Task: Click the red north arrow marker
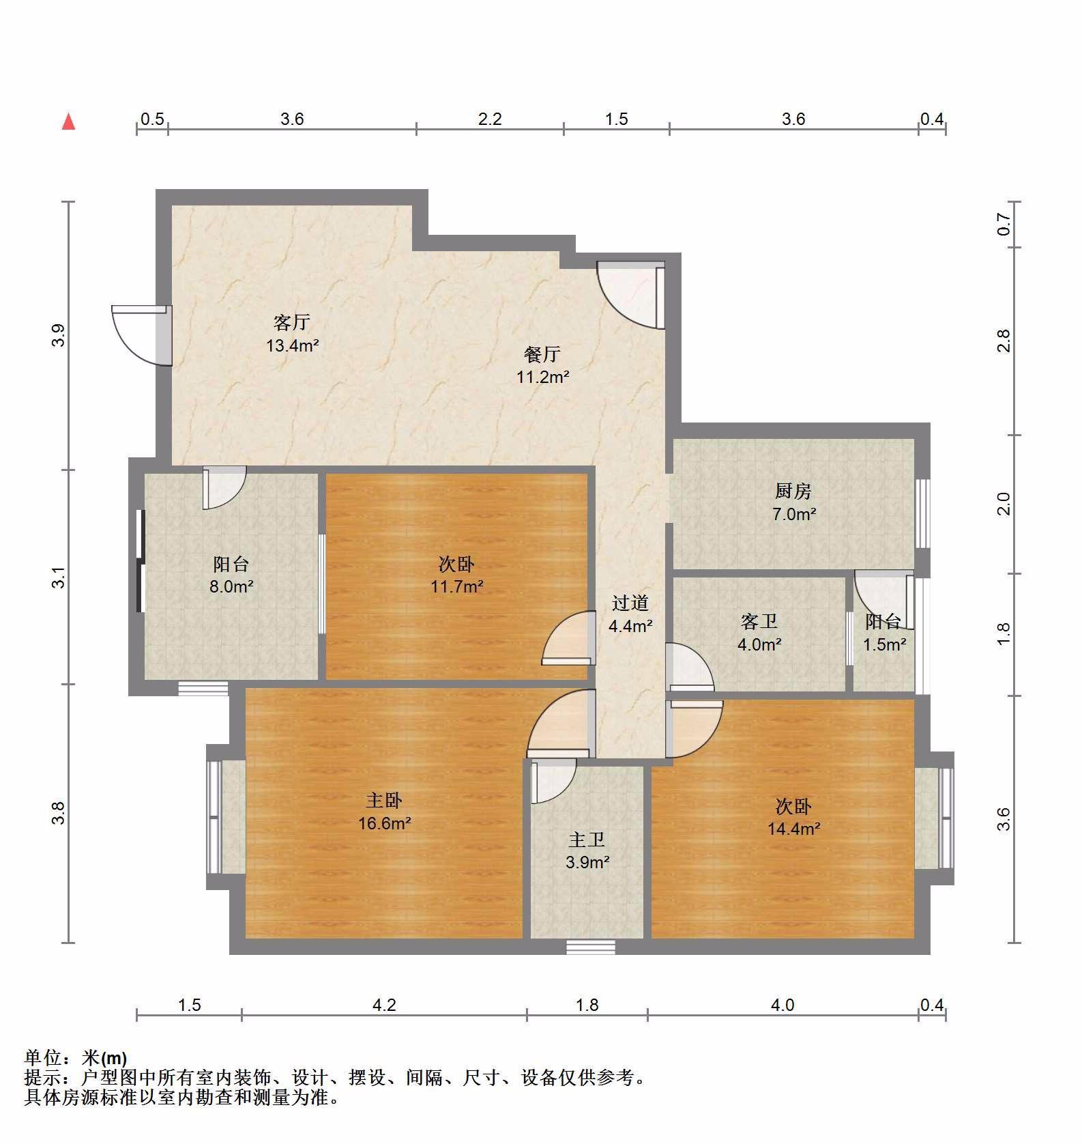point(68,121)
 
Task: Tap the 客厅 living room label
point(292,321)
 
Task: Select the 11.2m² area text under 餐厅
point(542,377)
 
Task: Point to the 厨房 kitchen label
point(793,491)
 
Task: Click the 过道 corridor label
point(630,603)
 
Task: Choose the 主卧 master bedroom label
point(384,800)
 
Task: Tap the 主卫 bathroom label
point(587,840)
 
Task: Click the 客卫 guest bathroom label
point(759,621)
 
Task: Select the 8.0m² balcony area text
point(231,586)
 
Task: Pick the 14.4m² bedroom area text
point(793,829)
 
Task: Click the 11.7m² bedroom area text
point(456,586)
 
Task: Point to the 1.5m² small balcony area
point(884,644)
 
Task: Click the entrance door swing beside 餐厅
point(630,295)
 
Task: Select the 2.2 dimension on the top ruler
point(490,119)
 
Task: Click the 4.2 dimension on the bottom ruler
point(384,1005)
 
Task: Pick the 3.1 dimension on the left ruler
point(59,577)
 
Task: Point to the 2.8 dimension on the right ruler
point(1002,341)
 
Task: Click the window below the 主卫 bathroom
point(591,947)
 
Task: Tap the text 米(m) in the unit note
point(104,1057)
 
